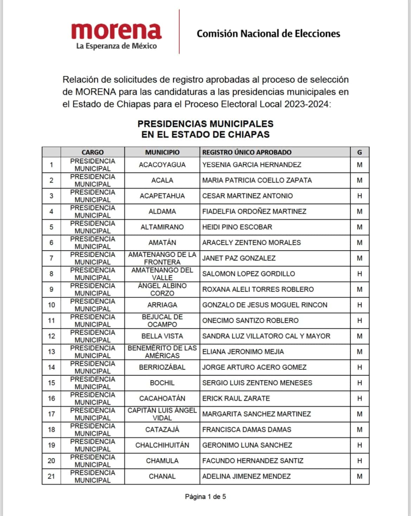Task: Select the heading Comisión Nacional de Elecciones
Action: click(x=268, y=34)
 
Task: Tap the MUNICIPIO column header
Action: click(x=162, y=152)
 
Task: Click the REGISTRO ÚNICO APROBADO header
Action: click(x=247, y=152)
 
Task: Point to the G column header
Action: click(x=359, y=152)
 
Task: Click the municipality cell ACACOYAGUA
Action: click(x=162, y=165)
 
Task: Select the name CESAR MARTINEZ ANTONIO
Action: click(x=247, y=196)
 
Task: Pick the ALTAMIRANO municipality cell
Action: click(x=162, y=227)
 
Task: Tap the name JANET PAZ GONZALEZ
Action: click(x=239, y=258)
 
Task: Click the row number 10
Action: click(x=52, y=305)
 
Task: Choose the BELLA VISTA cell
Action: click(x=162, y=336)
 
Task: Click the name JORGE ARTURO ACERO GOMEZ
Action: click(x=254, y=367)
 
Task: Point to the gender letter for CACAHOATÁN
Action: click(x=359, y=398)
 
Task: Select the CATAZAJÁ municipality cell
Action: click(x=162, y=430)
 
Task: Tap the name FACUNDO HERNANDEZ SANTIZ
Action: click(x=253, y=461)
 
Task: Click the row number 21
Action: click(x=52, y=476)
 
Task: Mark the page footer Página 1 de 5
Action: click(x=205, y=497)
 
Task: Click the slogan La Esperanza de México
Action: click(x=116, y=46)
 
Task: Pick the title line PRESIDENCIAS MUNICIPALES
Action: click(x=205, y=124)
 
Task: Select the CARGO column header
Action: click(x=93, y=152)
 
